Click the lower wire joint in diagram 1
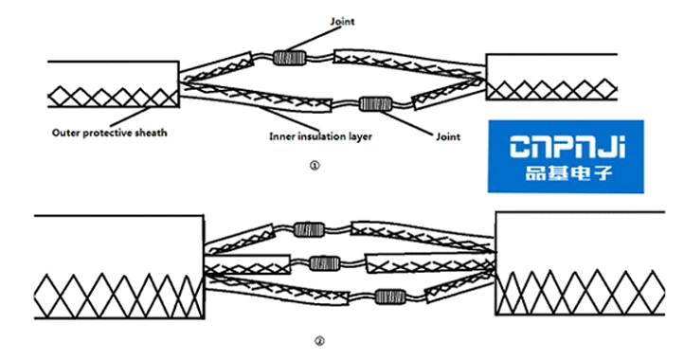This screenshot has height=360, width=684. pos(376,101)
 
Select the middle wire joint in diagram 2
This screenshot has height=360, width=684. pos(324,261)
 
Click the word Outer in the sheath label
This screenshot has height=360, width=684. pos(64,134)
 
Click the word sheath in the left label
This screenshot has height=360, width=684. pos(151,134)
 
